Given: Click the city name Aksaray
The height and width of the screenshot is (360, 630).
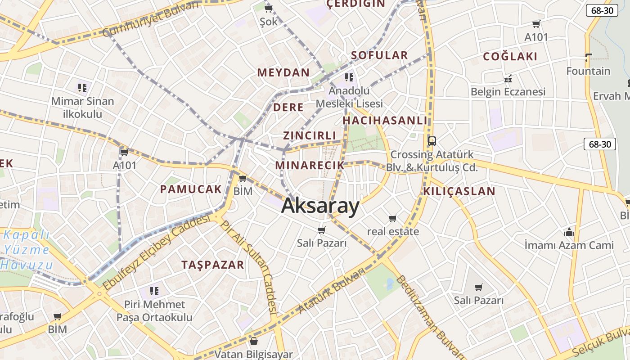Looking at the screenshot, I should (320, 206).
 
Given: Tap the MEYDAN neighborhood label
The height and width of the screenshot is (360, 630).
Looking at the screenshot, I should (283, 72).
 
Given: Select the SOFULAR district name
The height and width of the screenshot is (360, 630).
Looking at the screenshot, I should (379, 55).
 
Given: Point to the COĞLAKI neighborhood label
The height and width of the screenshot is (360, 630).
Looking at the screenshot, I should (510, 56).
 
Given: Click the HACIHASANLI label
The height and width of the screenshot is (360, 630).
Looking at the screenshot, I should (385, 120).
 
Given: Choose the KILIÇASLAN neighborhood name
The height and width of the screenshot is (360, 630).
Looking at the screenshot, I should (459, 191).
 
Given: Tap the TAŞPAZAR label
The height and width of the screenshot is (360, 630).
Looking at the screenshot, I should (213, 265).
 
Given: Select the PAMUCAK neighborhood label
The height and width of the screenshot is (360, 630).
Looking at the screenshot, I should (191, 189).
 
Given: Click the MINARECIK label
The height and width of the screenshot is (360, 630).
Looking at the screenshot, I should (310, 165).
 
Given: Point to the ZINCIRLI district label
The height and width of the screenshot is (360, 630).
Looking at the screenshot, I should (310, 135).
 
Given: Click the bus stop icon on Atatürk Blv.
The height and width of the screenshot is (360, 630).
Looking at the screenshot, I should (432, 141).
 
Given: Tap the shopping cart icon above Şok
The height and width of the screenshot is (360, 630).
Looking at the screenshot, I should (269, 9).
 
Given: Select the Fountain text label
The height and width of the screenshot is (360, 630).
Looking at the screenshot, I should (588, 71).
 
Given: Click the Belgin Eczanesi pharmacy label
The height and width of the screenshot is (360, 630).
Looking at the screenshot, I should (508, 92).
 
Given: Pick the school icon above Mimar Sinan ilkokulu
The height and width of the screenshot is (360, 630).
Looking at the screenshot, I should (82, 87).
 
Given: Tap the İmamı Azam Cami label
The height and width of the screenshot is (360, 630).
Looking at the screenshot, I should (569, 245).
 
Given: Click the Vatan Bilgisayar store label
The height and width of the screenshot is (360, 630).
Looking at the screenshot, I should (254, 355).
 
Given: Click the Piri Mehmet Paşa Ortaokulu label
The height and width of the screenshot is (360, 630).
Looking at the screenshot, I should (154, 311).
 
